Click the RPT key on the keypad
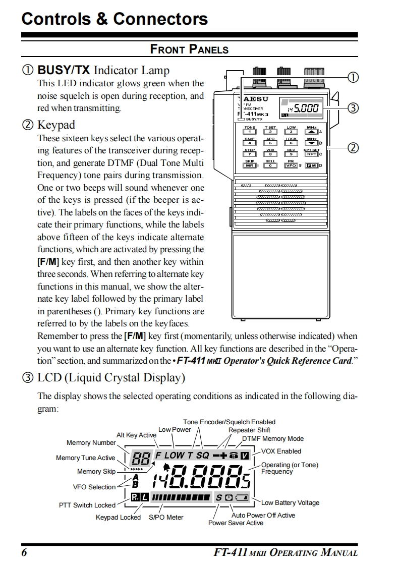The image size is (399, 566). pyautogui.click(x=312, y=154)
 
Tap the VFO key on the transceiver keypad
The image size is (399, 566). pyautogui.click(x=291, y=165)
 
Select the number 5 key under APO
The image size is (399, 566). pyautogui.click(x=270, y=143)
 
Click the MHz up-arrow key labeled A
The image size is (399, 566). pyautogui.click(x=312, y=132)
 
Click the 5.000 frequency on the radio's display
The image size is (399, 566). pyautogui.click(x=306, y=108)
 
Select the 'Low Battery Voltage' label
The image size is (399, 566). pyautogui.click(x=290, y=502)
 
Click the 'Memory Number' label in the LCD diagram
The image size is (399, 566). pyautogui.click(x=91, y=443)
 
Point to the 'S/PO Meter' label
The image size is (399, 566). pyautogui.click(x=166, y=517)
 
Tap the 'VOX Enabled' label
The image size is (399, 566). pyautogui.click(x=281, y=451)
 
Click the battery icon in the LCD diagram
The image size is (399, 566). pyautogui.click(x=242, y=498)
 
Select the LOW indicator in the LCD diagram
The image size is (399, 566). pyautogui.click(x=175, y=455)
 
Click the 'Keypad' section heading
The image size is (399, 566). pyautogui.click(x=56, y=125)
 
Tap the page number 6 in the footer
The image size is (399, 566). pyautogui.click(x=24, y=552)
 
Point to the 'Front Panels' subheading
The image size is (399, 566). pyautogui.click(x=189, y=49)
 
